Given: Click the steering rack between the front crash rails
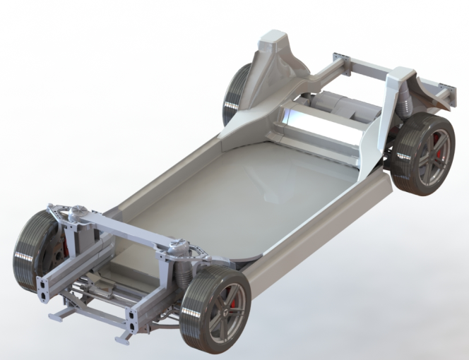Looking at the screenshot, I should point(99,289).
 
